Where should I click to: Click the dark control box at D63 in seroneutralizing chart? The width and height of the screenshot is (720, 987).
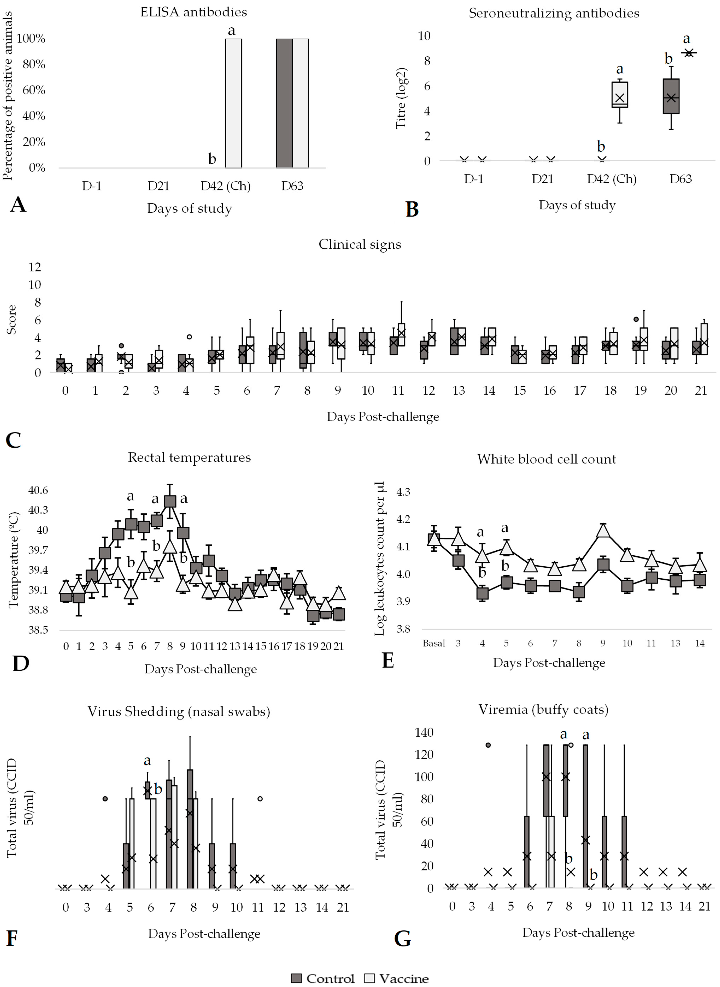pyautogui.click(x=671, y=96)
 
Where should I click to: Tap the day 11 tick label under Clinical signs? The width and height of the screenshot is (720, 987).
pyautogui.click(x=398, y=390)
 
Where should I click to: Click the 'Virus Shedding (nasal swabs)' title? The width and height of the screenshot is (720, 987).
pyautogui.click(x=179, y=712)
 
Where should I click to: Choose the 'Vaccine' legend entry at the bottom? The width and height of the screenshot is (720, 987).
pyautogui.click(x=397, y=978)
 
